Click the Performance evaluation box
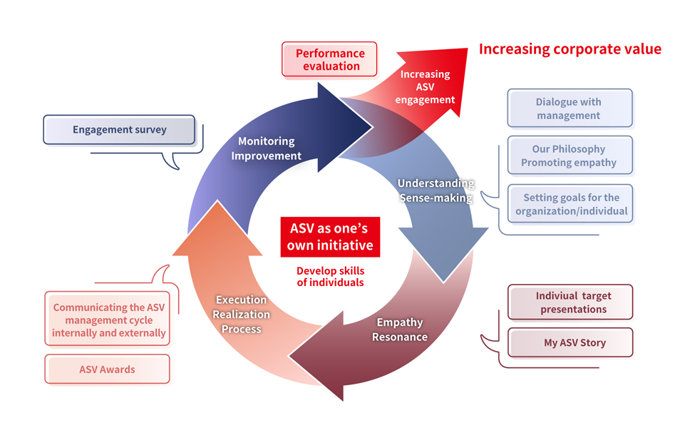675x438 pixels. [x=330, y=60]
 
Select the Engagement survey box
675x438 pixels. [x=119, y=130]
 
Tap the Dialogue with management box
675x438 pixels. [x=569, y=108]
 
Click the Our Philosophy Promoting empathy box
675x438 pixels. [x=569, y=156]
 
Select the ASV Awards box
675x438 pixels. [x=107, y=370]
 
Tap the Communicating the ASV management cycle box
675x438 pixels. [x=108, y=320]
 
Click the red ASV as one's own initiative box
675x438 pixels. [x=330, y=237]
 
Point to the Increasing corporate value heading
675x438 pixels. [x=570, y=49]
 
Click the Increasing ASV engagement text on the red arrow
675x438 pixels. [x=425, y=86]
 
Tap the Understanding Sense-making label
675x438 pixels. [x=435, y=190]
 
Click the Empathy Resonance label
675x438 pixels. [x=399, y=330]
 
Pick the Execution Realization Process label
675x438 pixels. [x=242, y=314]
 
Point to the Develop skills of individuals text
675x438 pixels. [x=330, y=277]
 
